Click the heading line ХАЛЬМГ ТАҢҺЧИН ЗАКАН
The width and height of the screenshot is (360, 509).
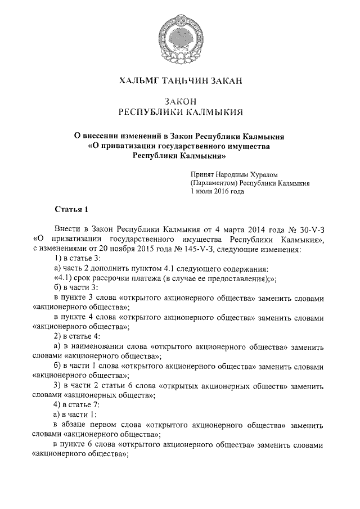pyautogui.click(x=180, y=82)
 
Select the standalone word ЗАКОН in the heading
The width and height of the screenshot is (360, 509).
pyautogui.click(x=179, y=101)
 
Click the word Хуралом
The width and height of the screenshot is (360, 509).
pyautogui.click(x=262, y=174)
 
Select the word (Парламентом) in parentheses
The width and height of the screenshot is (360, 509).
pyautogui.click(x=213, y=183)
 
